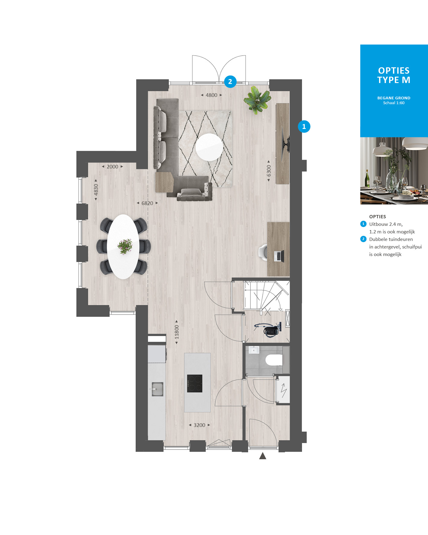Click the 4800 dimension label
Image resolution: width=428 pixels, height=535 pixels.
(x=211, y=95)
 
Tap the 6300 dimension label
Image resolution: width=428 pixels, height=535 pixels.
(x=269, y=171)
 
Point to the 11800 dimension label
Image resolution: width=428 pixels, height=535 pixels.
(x=177, y=332)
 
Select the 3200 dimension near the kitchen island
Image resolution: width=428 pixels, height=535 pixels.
(x=199, y=425)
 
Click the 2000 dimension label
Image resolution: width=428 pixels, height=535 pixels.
(x=112, y=167)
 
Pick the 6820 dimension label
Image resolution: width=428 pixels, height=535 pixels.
(x=147, y=203)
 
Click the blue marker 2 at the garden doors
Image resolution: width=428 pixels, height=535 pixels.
(x=230, y=82)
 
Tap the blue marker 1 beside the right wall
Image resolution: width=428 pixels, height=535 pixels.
(x=304, y=127)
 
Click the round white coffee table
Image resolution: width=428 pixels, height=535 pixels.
(x=209, y=147)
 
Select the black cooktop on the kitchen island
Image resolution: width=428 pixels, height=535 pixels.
(x=195, y=383)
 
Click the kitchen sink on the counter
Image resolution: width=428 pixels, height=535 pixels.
(x=157, y=389)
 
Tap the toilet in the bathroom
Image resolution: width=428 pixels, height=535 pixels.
(x=274, y=360)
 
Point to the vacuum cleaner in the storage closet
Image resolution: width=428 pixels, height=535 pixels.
(x=269, y=329)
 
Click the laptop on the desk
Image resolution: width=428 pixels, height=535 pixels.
(x=279, y=256)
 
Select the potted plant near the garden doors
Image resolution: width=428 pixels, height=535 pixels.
(x=257, y=100)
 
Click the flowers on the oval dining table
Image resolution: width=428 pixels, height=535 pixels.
(x=125, y=246)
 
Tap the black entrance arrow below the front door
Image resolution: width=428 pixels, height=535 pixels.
(x=263, y=456)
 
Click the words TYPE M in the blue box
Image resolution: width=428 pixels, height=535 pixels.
(x=394, y=80)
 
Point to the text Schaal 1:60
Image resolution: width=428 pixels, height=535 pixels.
(x=394, y=103)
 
